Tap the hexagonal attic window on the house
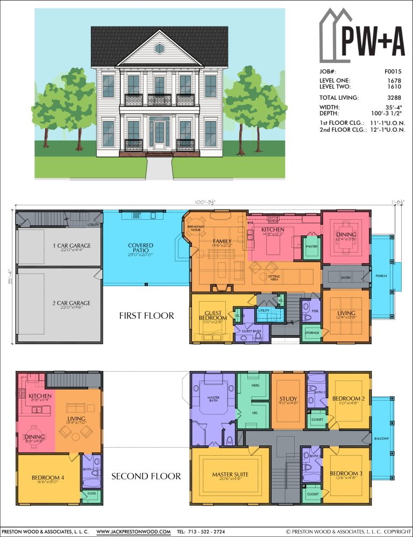pyautogui.click(x=159, y=48)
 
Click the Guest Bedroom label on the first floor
pyautogui.click(x=212, y=315)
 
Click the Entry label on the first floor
pyautogui.click(x=346, y=277)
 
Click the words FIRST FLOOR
pyautogui.click(x=146, y=316)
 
